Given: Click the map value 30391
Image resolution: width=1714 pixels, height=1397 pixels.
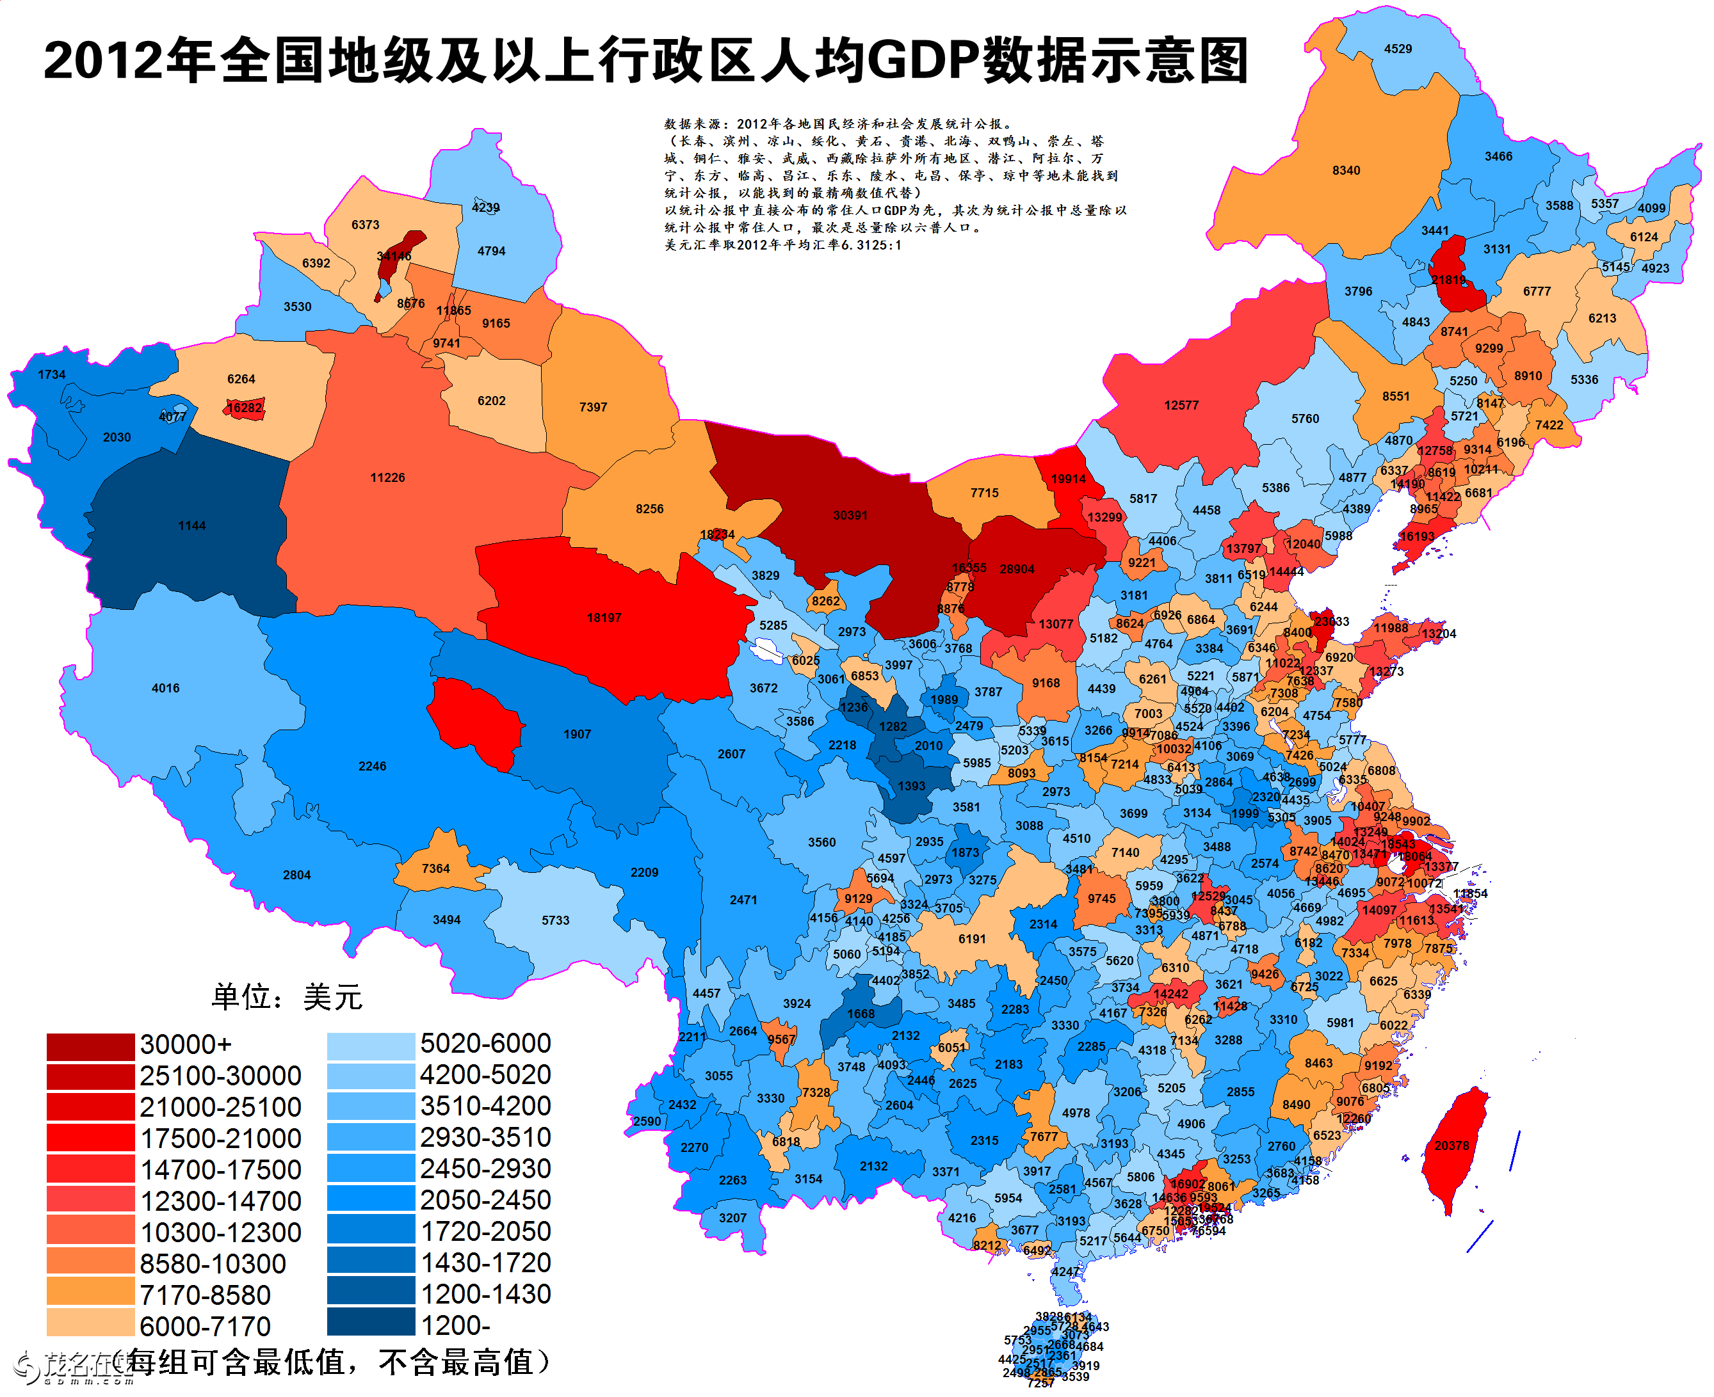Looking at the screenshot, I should (x=850, y=515).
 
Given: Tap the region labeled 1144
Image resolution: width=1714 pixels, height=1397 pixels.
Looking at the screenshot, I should (x=191, y=525).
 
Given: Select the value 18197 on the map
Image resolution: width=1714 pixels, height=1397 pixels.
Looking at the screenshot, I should (x=604, y=618).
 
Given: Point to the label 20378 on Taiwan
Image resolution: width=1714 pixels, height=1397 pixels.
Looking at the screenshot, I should (x=1451, y=1146).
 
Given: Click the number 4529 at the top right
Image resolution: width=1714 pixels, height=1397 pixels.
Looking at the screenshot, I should (x=1398, y=49).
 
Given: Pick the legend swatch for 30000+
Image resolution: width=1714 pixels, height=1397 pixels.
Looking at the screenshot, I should (x=90, y=1047).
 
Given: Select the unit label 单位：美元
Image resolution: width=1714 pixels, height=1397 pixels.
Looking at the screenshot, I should (x=287, y=997).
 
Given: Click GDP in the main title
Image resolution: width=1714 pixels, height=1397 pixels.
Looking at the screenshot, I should (x=923, y=61).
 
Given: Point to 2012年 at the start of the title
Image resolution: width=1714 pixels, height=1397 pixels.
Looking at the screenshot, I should (x=129, y=61).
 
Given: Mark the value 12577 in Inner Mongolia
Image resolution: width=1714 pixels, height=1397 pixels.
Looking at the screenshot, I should (x=1181, y=406).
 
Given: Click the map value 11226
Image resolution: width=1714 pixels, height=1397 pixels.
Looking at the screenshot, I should (x=387, y=478).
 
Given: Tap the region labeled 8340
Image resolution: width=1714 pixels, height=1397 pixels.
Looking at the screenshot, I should (x=1346, y=171).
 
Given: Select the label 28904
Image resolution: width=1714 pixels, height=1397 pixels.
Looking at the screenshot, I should (x=1017, y=570).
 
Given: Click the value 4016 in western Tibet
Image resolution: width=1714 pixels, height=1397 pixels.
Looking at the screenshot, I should (x=165, y=688).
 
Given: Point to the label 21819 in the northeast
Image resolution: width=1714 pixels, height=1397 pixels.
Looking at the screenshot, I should (x=1448, y=280).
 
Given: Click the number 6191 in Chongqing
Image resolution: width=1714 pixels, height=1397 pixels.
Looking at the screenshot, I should (x=972, y=939).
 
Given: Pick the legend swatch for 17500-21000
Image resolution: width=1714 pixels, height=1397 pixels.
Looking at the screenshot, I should (x=90, y=1138).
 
